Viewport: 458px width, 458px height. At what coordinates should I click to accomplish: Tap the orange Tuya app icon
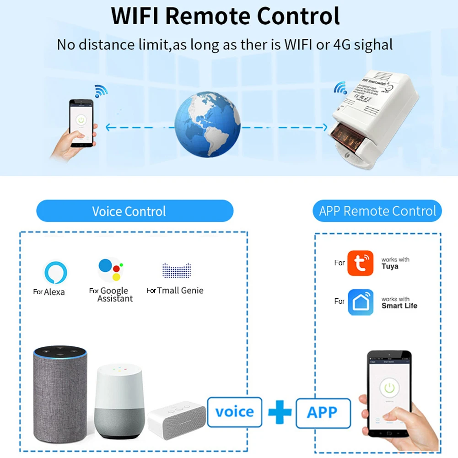point(361,263)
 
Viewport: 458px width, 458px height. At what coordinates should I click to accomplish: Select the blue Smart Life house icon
point(361,302)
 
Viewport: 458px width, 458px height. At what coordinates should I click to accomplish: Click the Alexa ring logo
point(55,272)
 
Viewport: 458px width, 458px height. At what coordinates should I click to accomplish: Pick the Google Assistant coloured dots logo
point(111,270)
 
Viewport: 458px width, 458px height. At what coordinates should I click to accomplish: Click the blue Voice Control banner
point(135,211)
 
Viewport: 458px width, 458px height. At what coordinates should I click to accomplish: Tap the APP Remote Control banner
point(377,211)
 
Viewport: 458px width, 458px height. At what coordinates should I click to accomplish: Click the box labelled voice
point(234,412)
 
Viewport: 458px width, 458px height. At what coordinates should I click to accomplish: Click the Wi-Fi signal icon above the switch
point(340,87)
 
